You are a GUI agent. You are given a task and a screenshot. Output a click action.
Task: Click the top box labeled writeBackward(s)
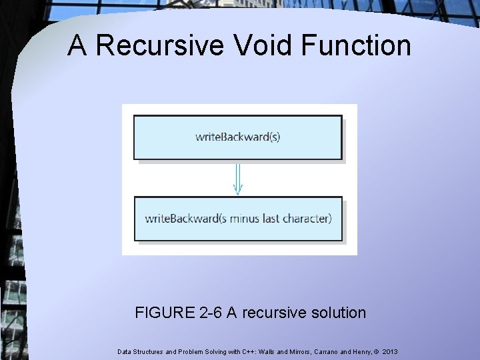(238, 137)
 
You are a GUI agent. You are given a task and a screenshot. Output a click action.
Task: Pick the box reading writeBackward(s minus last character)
(238, 218)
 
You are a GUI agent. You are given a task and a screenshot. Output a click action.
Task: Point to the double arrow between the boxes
(238, 178)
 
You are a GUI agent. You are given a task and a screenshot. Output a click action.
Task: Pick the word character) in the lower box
(309, 218)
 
